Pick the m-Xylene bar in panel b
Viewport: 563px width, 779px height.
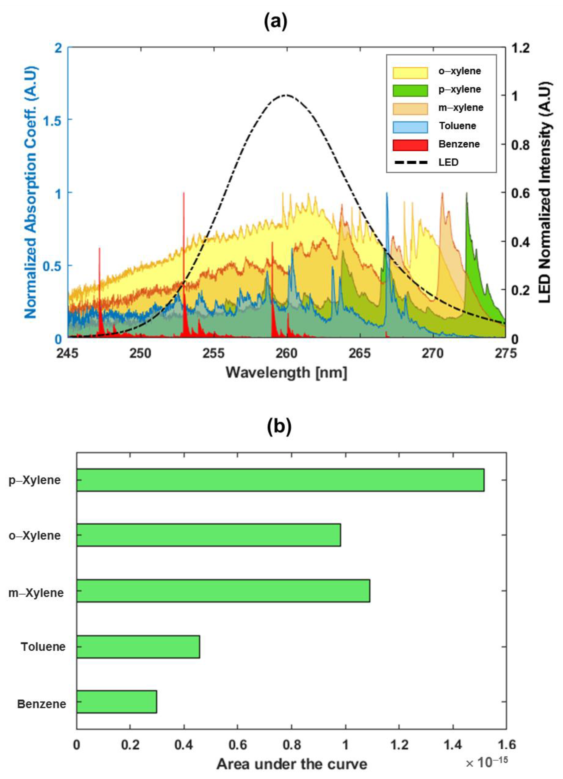pos(223,591)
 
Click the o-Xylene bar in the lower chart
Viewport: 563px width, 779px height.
pos(208,535)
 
